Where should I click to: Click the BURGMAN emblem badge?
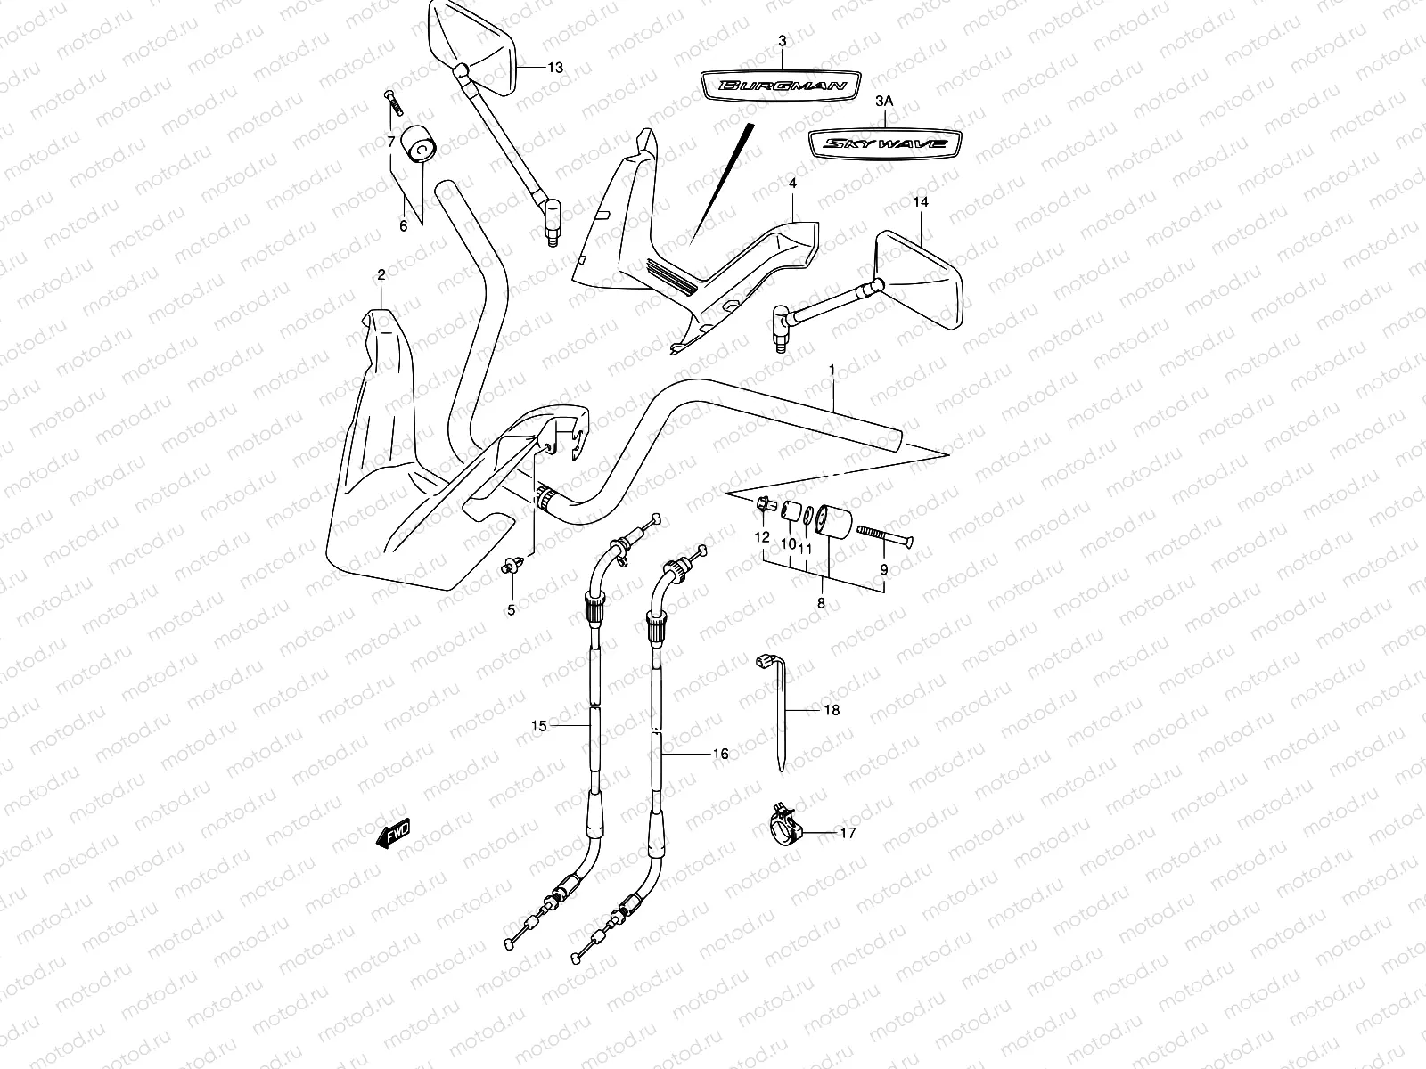780,86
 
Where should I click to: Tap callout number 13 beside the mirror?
555,68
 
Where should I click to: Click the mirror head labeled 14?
921,265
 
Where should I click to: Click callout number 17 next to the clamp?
848,834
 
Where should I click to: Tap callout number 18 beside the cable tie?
832,711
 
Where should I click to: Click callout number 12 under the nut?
762,537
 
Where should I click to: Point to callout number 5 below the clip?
512,610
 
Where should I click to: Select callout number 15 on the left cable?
538,726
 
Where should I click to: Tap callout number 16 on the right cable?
720,754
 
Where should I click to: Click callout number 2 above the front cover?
381,274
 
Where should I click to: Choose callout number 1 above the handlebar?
832,369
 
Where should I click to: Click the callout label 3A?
883,102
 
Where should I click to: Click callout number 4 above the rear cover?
791,183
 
